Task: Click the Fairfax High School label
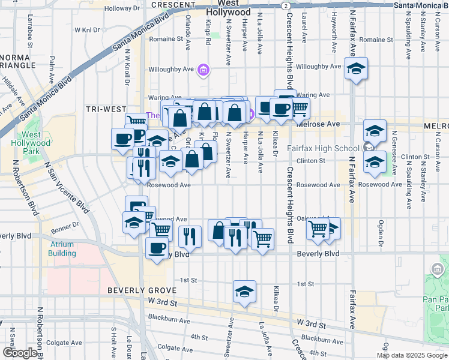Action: point(324,148)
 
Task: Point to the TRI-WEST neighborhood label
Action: point(106,109)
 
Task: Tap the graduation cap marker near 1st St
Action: point(244,292)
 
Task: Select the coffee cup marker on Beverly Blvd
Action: point(157,248)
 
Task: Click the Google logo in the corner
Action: point(20,353)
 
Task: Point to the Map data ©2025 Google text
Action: point(412,355)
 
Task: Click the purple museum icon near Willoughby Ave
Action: point(203,71)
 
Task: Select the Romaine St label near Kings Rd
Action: point(170,39)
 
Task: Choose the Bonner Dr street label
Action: point(68,226)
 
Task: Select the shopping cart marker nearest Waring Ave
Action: point(300,109)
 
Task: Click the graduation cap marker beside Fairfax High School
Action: point(375,131)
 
